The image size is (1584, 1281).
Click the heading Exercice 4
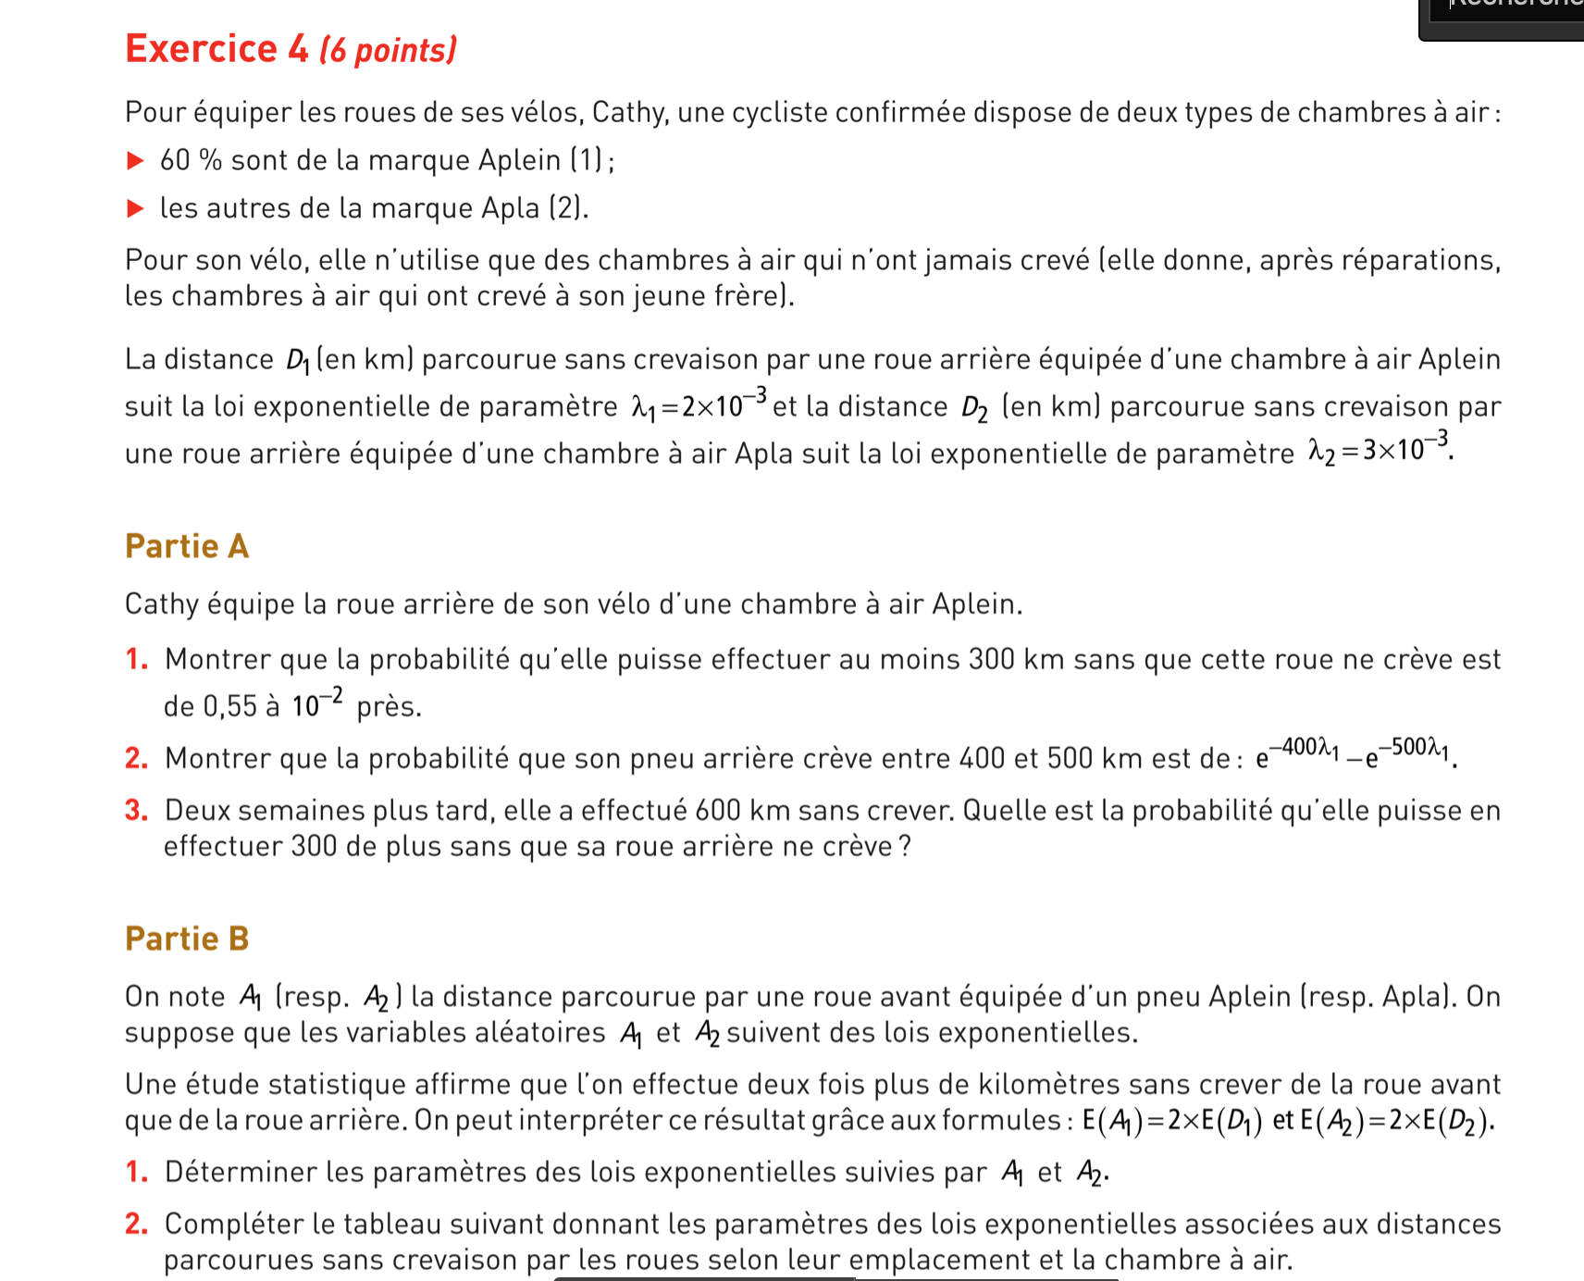pos(217,49)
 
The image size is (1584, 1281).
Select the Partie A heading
pos(187,546)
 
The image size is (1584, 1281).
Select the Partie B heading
pos(187,939)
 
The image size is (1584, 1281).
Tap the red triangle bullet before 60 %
pos(135,161)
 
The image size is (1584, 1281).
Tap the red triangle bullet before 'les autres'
pos(135,208)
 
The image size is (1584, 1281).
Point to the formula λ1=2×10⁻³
pos(699,404)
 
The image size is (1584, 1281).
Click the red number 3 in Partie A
pos(136,811)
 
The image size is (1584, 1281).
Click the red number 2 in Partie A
pos(136,759)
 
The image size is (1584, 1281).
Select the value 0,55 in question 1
pos(229,707)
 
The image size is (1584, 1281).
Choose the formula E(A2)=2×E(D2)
pos(1396,1121)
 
